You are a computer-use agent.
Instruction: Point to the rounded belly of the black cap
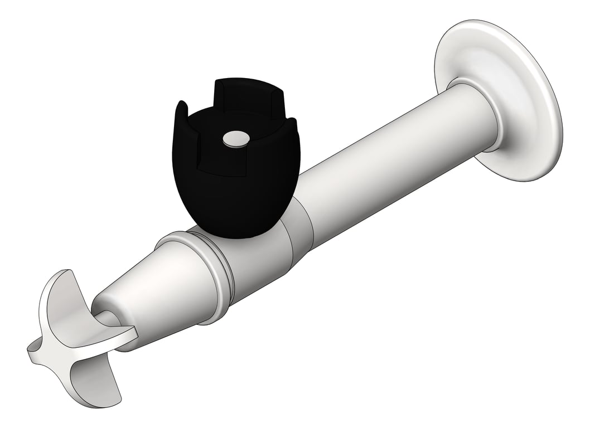click(234, 201)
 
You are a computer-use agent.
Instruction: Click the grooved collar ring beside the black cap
click(217, 273)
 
